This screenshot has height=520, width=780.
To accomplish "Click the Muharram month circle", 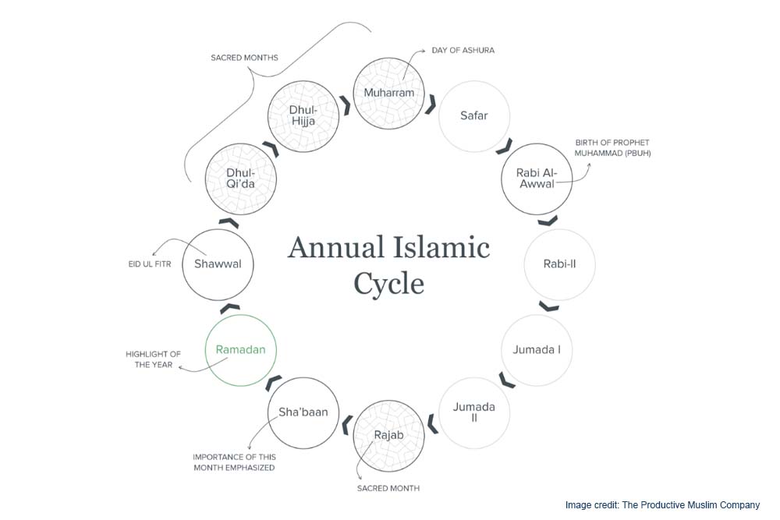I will [389, 94].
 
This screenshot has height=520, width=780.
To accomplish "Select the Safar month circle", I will [473, 116].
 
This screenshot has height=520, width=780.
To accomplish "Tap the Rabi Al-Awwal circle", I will [536, 179].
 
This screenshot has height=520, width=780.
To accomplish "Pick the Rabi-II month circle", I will [559, 264].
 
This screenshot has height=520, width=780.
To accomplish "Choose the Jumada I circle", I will [536, 349].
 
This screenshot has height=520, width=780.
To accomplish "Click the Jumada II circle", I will [473, 412].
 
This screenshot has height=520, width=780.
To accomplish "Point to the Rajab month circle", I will [389, 434].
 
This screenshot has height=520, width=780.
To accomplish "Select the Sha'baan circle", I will [303, 412].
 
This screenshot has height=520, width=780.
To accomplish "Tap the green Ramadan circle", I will [241, 349].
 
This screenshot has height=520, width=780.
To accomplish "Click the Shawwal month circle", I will [218, 264].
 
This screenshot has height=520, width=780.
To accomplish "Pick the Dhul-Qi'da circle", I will [241, 179].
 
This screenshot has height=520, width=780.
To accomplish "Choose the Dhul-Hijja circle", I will [303, 116].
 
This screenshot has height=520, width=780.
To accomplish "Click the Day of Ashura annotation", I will [463, 51].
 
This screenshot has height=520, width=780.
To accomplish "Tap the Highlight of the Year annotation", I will [153, 359].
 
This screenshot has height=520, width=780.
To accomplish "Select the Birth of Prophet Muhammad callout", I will [612, 148].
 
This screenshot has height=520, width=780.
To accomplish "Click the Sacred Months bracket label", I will [244, 58].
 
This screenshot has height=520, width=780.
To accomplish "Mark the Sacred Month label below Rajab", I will [388, 488].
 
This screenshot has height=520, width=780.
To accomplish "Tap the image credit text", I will [662, 505].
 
